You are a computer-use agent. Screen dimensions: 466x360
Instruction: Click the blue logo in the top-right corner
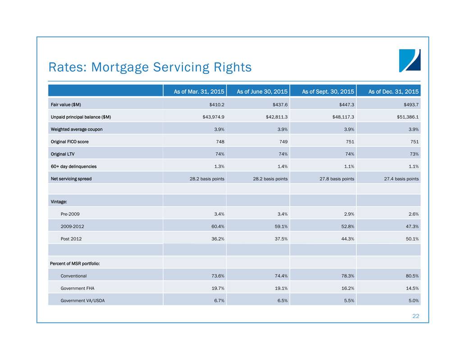coord(410,60)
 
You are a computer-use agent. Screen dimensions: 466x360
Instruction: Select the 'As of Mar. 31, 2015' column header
coord(199,91)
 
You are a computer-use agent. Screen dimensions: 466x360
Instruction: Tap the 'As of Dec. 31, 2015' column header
coord(393,91)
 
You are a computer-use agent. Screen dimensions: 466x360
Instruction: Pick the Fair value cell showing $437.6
coord(280,105)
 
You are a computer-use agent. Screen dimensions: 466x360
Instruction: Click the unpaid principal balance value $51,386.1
coord(408,117)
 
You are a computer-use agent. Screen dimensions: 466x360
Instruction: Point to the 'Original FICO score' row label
coord(69,141)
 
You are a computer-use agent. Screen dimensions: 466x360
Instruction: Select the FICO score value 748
coord(220,141)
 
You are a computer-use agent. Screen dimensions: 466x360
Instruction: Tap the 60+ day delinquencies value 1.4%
coord(282,167)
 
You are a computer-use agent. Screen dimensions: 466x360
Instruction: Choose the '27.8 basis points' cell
coord(337,179)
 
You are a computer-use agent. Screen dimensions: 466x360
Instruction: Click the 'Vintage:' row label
coord(59,202)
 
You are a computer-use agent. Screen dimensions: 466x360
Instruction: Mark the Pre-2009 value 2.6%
coord(413,214)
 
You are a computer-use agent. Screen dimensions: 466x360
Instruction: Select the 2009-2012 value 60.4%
coord(218,227)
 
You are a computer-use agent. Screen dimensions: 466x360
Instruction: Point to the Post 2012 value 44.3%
coord(348,239)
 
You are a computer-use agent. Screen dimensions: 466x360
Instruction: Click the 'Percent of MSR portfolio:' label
coord(75,264)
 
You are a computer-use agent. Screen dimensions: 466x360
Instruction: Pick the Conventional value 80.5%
coord(412,276)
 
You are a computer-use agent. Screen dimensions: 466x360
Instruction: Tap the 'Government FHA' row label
coord(77,288)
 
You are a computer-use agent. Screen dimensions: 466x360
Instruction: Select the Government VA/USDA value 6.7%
coord(219,301)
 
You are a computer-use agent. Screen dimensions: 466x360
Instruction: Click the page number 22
coord(416,316)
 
